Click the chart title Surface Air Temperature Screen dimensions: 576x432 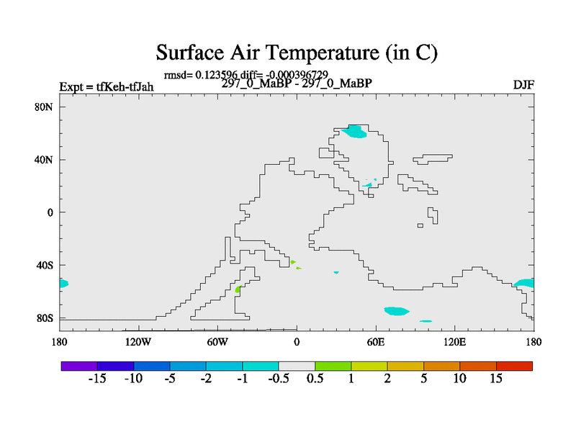(x=297, y=52)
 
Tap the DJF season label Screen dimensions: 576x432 (x=523, y=85)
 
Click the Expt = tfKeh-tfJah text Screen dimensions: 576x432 (x=107, y=87)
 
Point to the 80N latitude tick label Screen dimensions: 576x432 (x=44, y=107)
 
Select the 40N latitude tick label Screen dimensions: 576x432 (x=44, y=160)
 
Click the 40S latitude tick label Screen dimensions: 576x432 (x=45, y=265)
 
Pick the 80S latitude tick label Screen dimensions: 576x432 (x=45, y=318)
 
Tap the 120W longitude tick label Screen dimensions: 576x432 (x=138, y=343)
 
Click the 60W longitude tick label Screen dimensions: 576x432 (x=217, y=343)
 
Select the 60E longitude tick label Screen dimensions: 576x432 (x=376, y=343)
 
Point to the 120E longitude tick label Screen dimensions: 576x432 (x=455, y=343)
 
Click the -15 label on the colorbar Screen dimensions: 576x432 (x=97, y=379)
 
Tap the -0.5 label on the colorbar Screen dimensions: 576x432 (x=279, y=379)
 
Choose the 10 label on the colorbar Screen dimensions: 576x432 (x=459, y=379)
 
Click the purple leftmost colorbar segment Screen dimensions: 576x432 (x=79, y=366)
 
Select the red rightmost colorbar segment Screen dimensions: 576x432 (x=514, y=366)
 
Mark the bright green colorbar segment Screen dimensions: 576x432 (x=333, y=366)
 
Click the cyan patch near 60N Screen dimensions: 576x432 (x=354, y=132)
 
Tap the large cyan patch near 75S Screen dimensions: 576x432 (x=397, y=311)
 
